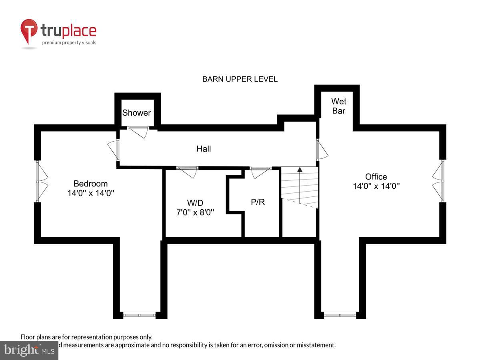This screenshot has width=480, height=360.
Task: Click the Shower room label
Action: tap(136, 113)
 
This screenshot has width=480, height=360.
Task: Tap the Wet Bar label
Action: tap(338, 106)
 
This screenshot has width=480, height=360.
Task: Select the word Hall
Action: tap(204, 149)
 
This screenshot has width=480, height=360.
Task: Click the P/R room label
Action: tap(258, 202)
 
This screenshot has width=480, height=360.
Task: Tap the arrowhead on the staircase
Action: tap(300, 170)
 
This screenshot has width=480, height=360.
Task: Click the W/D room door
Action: tap(188, 172)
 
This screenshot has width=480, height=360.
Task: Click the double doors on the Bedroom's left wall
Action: tap(42, 181)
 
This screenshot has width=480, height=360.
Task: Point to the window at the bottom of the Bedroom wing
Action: tap(139, 315)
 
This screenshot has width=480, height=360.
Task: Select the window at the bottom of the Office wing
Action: tap(340, 315)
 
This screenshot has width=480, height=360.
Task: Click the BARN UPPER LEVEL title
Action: tap(240, 79)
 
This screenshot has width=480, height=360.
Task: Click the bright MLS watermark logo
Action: tap(29, 350)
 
